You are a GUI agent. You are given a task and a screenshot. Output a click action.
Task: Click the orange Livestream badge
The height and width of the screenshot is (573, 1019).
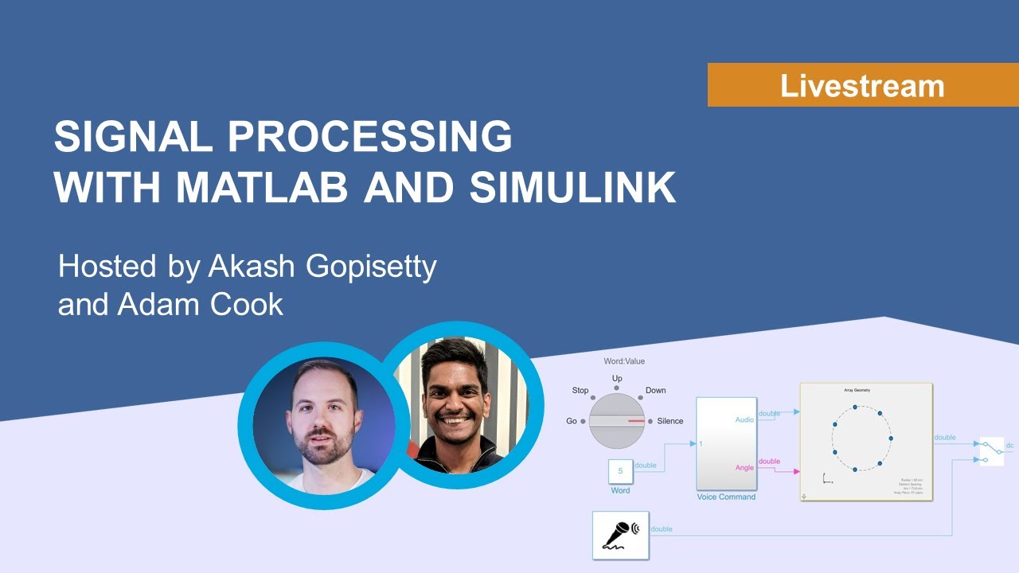point(862,85)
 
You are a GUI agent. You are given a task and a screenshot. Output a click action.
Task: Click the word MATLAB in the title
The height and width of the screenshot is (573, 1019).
point(261,188)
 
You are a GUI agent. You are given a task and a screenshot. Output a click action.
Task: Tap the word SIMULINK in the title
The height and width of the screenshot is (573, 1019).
point(572,188)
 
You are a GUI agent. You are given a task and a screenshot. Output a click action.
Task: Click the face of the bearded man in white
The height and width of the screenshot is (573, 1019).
point(323,417)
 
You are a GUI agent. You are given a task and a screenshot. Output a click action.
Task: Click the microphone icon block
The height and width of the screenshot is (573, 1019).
point(620,535)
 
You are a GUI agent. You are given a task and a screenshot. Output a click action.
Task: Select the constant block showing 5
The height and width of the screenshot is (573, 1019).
point(620,471)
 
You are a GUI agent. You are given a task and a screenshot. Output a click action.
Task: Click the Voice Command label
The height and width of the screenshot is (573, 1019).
point(726,497)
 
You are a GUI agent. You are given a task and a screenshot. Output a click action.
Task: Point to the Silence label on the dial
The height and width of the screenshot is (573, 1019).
point(670,421)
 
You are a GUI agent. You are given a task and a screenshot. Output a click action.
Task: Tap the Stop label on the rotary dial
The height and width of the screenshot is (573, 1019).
point(580,391)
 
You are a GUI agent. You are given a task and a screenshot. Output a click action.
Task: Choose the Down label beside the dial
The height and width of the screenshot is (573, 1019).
point(655,391)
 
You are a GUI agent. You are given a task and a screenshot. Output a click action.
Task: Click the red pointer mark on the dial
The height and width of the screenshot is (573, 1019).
point(635,420)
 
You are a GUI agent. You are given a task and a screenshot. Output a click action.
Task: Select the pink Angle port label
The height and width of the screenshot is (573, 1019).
point(744,467)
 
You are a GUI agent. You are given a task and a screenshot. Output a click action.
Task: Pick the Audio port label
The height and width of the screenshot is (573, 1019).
point(744,419)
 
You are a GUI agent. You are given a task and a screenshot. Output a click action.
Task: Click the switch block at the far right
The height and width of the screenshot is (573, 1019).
point(991,450)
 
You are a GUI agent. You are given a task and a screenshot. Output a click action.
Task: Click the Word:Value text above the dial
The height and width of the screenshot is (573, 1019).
point(624,361)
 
